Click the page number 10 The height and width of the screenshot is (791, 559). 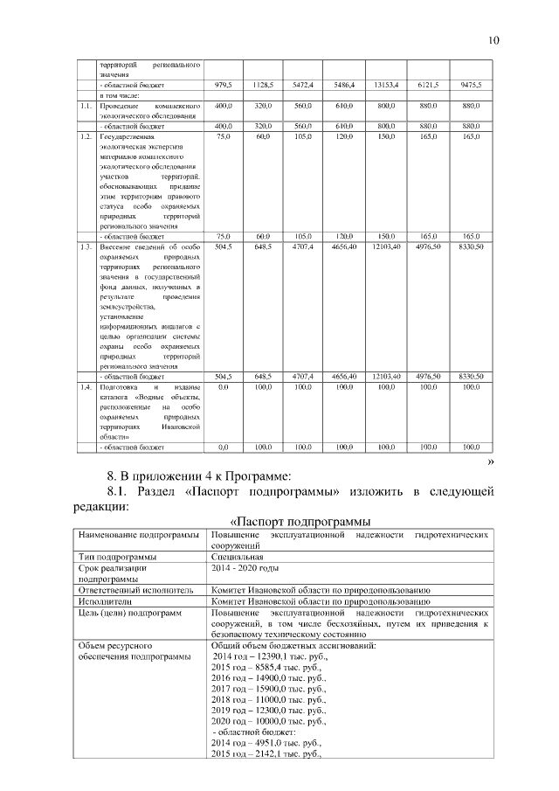493,40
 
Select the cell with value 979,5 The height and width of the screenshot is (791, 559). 223,85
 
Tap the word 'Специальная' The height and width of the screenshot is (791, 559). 237,556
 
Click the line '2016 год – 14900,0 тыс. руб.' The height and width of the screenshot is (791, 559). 270,677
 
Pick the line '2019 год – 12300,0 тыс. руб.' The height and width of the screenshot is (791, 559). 270,711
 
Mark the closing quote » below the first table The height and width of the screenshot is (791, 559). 490,461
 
